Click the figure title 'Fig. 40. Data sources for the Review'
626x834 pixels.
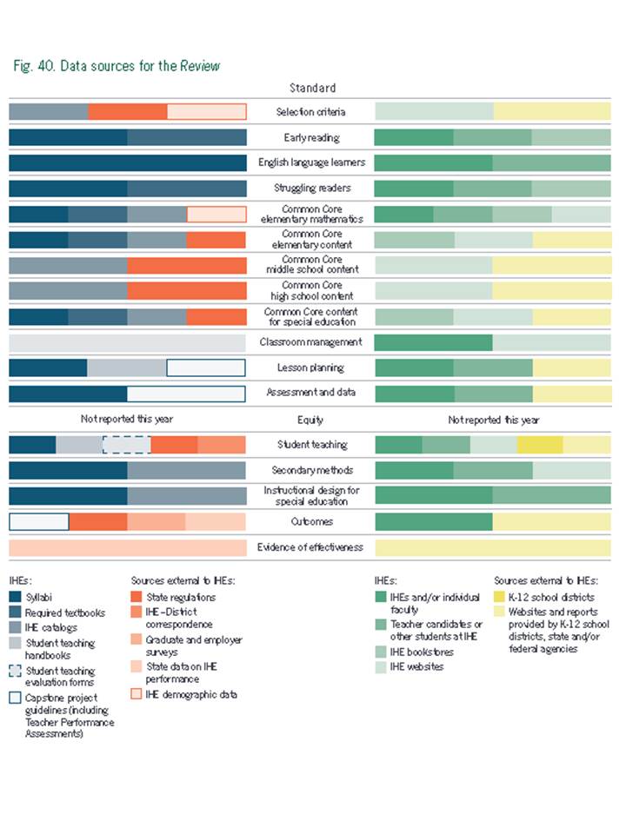click(x=117, y=66)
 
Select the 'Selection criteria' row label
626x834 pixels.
click(x=310, y=112)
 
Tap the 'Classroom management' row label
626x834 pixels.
click(x=310, y=342)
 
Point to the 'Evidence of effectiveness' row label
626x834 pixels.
click(x=310, y=547)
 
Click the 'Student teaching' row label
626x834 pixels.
click(x=310, y=445)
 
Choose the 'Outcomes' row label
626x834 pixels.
click(x=310, y=522)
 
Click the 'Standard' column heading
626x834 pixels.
click(x=311, y=88)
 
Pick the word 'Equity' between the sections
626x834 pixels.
click(x=310, y=420)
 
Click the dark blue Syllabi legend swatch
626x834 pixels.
click(x=15, y=598)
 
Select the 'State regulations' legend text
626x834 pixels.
click(x=181, y=598)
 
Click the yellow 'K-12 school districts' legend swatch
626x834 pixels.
click(x=500, y=598)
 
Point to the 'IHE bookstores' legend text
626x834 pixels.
click(x=422, y=652)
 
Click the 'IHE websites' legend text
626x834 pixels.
click(x=418, y=666)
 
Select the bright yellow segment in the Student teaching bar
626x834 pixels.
click(x=540, y=445)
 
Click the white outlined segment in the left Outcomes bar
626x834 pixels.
click(x=39, y=522)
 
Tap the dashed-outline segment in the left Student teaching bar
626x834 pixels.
click(x=126, y=445)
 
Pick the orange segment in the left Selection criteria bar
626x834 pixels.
click(x=127, y=112)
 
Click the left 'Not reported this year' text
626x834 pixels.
click(x=127, y=420)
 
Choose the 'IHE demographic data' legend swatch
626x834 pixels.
click(x=137, y=694)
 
